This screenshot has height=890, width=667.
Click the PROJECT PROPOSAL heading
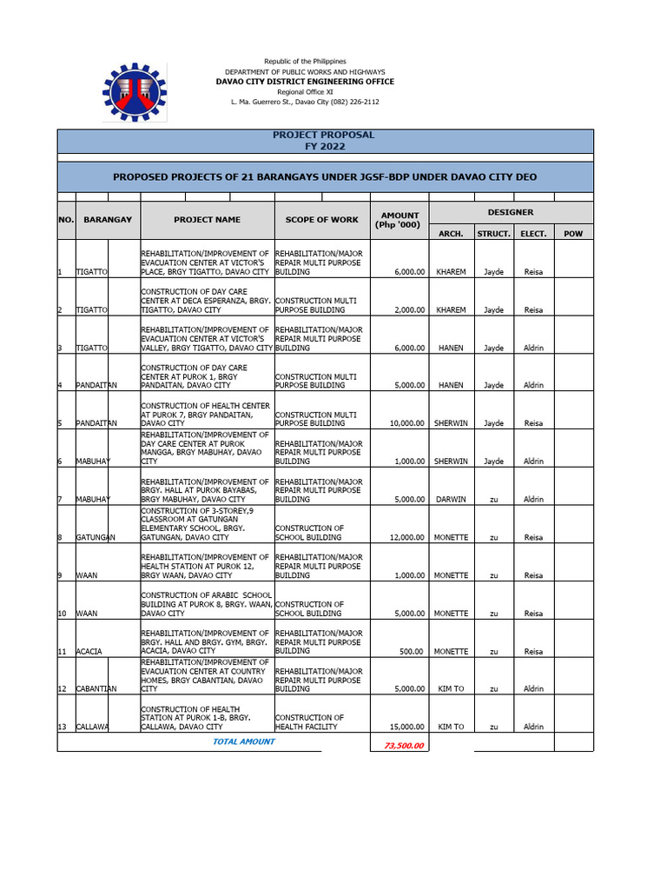click(x=324, y=135)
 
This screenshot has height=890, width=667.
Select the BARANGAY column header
click(x=108, y=220)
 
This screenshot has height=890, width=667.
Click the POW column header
click(x=573, y=234)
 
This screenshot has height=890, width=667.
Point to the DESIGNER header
click(x=511, y=212)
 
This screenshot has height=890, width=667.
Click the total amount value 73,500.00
click(x=399, y=745)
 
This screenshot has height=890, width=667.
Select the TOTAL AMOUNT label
click(x=243, y=741)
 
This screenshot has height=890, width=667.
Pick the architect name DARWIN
click(x=451, y=499)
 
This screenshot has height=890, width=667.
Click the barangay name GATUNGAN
click(x=96, y=537)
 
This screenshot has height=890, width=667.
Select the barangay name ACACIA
click(x=90, y=651)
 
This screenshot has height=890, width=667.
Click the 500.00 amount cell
click(x=412, y=651)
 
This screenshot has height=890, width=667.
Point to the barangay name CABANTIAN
click(x=96, y=688)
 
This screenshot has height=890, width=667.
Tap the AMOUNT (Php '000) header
click(x=400, y=220)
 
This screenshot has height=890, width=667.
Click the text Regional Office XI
click(x=305, y=92)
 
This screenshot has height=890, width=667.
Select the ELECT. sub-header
click(x=533, y=234)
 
